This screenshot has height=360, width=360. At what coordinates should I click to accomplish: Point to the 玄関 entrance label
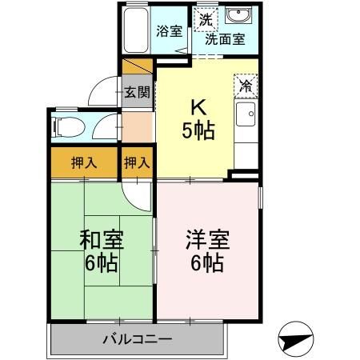click(x=137, y=91)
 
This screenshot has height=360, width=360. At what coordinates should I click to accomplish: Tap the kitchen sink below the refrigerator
click(x=246, y=114)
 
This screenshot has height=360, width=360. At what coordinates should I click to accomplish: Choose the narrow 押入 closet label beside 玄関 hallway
click(x=137, y=163)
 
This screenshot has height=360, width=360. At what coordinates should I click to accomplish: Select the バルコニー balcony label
click(x=136, y=339)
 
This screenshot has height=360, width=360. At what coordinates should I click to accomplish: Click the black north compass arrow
click(x=295, y=339)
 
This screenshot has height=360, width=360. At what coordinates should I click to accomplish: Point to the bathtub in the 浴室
click(x=136, y=30)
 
